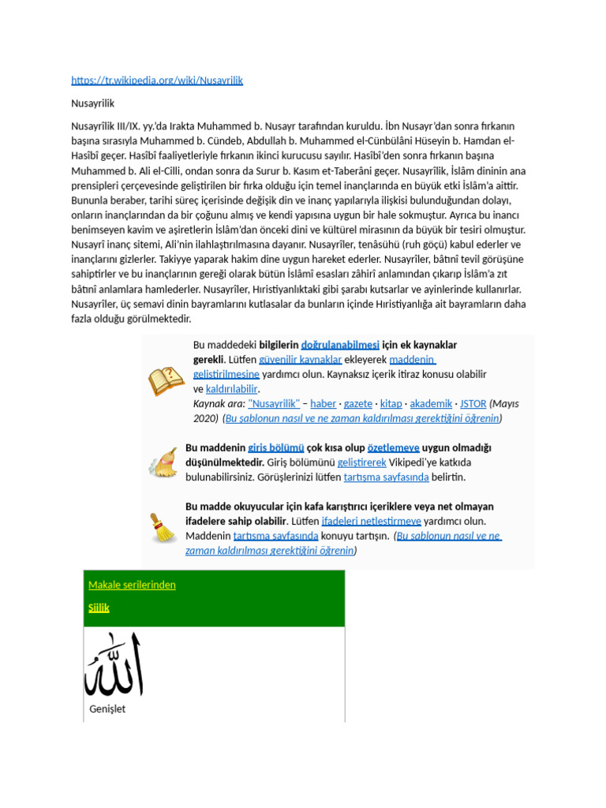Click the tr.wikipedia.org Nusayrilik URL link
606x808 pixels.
(x=156, y=80)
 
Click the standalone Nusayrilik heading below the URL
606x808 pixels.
(x=92, y=103)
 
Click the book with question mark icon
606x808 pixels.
(x=166, y=382)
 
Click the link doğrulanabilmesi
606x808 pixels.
(x=340, y=345)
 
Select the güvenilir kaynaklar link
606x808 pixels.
(x=300, y=360)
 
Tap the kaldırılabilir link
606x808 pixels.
(x=232, y=389)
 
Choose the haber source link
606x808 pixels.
(x=323, y=403)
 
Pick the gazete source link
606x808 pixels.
(x=358, y=403)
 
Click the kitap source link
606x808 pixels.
(x=391, y=403)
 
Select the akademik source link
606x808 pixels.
(x=431, y=403)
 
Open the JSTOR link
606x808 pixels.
(x=473, y=403)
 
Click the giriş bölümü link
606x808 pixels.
(x=275, y=447)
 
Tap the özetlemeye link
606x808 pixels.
(x=393, y=447)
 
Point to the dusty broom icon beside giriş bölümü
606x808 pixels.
(x=163, y=462)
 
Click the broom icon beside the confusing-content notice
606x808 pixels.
(x=163, y=528)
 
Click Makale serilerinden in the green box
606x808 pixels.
(x=132, y=585)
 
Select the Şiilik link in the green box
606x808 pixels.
(x=99, y=608)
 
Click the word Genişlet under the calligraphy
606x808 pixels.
(x=107, y=709)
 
